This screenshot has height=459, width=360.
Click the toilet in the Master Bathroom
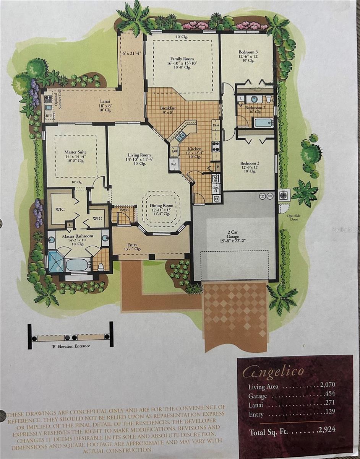(101, 266)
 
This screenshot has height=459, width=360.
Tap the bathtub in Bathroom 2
(263, 122)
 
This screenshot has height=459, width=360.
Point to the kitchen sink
(181, 135)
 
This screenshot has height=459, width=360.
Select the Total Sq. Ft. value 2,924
(326, 429)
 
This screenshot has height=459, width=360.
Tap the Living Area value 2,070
(325, 386)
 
